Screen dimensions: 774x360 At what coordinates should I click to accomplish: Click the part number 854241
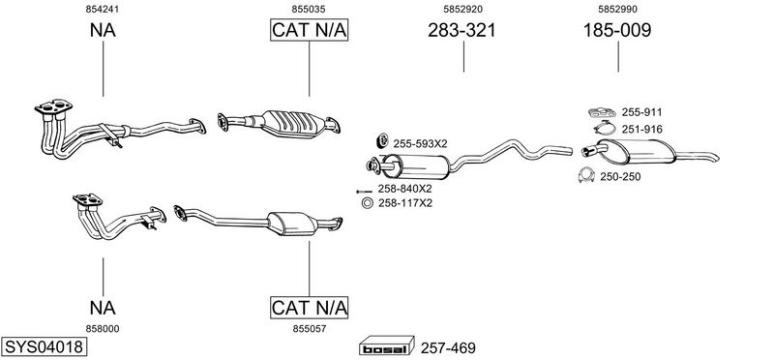tap(103, 9)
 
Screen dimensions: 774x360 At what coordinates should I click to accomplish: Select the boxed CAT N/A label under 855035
tap(309, 30)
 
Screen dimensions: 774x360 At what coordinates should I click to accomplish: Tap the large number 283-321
tap(461, 31)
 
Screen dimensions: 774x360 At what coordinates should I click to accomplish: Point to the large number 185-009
tap(617, 31)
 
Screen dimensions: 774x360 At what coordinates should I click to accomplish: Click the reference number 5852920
tap(462, 9)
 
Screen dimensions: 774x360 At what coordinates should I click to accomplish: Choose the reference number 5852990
tap(617, 9)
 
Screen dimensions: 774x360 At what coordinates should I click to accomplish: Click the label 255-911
tap(641, 112)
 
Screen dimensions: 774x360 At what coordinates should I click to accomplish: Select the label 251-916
tap(641, 130)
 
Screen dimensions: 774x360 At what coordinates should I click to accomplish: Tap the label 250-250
tap(620, 177)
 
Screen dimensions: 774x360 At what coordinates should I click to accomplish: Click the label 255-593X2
tap(420, 143)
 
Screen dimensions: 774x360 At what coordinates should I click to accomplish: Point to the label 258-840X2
tap(404, 189)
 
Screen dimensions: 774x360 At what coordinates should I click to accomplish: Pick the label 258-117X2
tap(404, 203)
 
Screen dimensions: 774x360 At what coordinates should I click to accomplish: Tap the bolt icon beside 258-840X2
tap(364, 191)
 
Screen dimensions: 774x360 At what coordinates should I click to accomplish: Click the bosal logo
tap(386, 345)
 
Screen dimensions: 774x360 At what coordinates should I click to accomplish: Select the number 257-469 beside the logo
tap(448, 348)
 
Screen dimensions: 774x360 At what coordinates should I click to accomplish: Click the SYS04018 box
tap(44, 346)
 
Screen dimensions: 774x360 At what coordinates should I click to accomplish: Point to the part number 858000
tap(103, 329)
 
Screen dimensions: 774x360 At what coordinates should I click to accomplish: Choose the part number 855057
tap(309, 329)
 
